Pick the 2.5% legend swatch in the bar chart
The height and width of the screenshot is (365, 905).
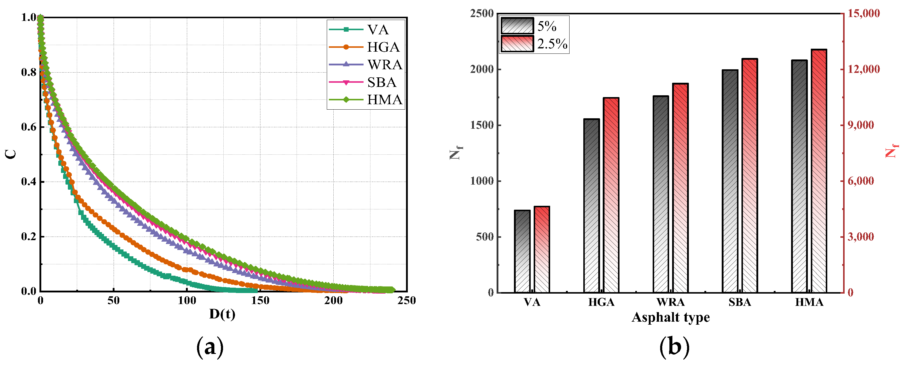click(x=517, y=44)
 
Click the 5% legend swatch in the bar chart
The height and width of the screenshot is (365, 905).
click(x=517, y=26)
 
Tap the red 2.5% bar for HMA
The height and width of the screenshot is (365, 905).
click(x=819, y=171)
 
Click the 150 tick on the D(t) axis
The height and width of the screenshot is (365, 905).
click(x=260, y=300)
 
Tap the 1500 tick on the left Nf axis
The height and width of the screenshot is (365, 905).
click(x=482, y=125)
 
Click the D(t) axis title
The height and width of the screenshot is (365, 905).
click(x=222, y=314)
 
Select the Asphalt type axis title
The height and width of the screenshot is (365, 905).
click(x=670, y=317)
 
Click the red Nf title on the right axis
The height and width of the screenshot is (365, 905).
click(x=892, y=151)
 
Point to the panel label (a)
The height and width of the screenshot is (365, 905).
click(x=210, y=347)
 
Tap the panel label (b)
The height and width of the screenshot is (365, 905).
click(x=674, y=347)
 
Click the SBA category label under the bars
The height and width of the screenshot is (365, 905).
click(x=740, y=302)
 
